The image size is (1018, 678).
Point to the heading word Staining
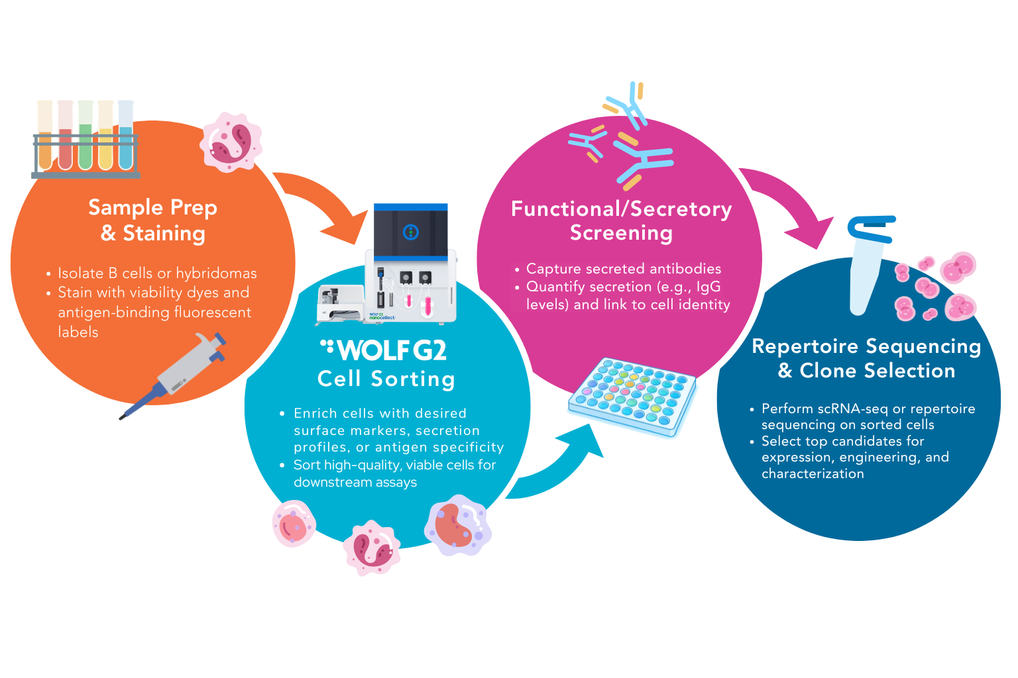(x=164, y=234)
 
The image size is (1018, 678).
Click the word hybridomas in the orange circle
(x=216, y=273)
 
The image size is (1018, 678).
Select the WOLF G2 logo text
(x=384, y=350)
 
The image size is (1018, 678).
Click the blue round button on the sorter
(x=411, y=232)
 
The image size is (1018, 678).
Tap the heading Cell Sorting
(x=386, y=379)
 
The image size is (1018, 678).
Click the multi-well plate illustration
(x=632, y=396)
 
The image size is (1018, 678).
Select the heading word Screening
(x=621, y=233)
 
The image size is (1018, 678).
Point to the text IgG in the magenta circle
(x=708, y=287)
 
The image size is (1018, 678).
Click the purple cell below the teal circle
(x=457, y=525)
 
